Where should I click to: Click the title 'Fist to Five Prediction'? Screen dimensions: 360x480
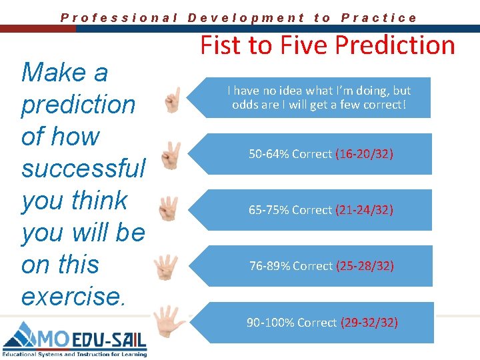click(x=327, y=45)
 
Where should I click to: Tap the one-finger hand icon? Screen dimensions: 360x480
click(x=173, y=99)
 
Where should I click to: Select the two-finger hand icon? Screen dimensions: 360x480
click(x=171, y=155)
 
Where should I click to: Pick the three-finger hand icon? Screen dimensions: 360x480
click(x=169, y=209)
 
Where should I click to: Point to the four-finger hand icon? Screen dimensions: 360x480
click(x=165, y=266)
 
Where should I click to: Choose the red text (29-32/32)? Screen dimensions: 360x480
click(x=369, y=323)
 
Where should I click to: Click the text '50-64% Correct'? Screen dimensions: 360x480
click(x=290, y=154)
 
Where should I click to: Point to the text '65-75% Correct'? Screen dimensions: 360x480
click(x=290, y=210)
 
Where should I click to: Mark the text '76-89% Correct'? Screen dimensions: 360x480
click(x=291, y=266)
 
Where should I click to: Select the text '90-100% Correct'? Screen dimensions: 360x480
click(x=292, y=323)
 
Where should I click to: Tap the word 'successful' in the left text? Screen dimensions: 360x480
click(x=83, y=169)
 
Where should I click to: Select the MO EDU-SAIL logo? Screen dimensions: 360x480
click(x=75, y=339)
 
